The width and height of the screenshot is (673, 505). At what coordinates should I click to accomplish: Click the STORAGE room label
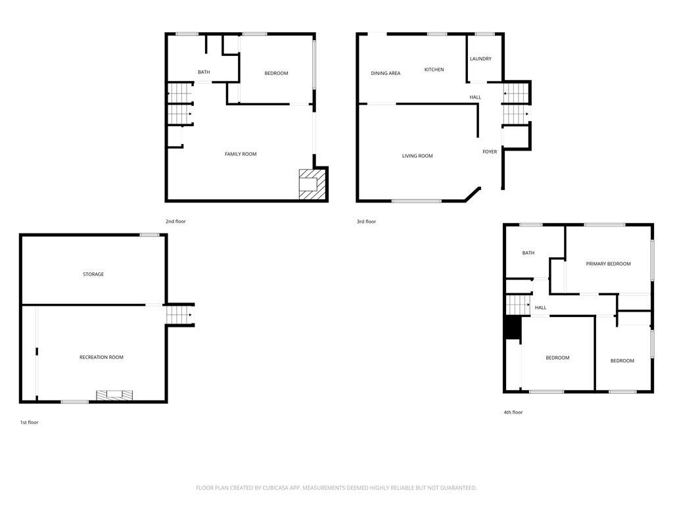coord(93,274)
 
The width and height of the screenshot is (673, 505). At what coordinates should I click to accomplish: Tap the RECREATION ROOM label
coord(101,357)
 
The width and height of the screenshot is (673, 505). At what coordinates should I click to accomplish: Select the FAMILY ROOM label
coord(241,154)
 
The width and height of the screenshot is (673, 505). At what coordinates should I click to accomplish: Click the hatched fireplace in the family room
coord(312,184)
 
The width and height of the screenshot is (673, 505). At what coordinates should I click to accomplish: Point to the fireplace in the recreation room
coord(114,395)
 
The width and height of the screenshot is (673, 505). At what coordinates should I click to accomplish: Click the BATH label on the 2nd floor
coord(204,72)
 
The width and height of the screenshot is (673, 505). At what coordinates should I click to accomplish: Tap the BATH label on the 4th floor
coord(528,253)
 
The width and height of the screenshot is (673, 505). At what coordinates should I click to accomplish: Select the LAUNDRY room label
coord(480,59)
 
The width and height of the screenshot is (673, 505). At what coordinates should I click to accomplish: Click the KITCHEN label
coord(434,70)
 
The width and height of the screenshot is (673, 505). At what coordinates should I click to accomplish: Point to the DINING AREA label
coord(385,73)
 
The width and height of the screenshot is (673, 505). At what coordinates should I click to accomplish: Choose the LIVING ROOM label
coord(417,156)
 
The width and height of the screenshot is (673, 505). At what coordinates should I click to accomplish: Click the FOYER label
coord(490,152)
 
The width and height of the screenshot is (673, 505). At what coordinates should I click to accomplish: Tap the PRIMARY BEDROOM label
coord(608,264)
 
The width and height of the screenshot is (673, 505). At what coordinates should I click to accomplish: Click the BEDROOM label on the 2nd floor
coord(276,73)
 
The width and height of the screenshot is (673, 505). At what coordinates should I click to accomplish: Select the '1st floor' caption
coord(29,422)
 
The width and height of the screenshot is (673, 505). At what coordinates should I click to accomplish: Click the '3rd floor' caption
coord(366,222)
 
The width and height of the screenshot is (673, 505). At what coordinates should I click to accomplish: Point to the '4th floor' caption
coord(513,412)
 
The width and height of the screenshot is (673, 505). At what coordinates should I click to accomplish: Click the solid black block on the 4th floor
coord(512,327)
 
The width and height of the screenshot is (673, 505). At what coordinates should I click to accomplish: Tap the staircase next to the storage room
coord(179,314)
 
